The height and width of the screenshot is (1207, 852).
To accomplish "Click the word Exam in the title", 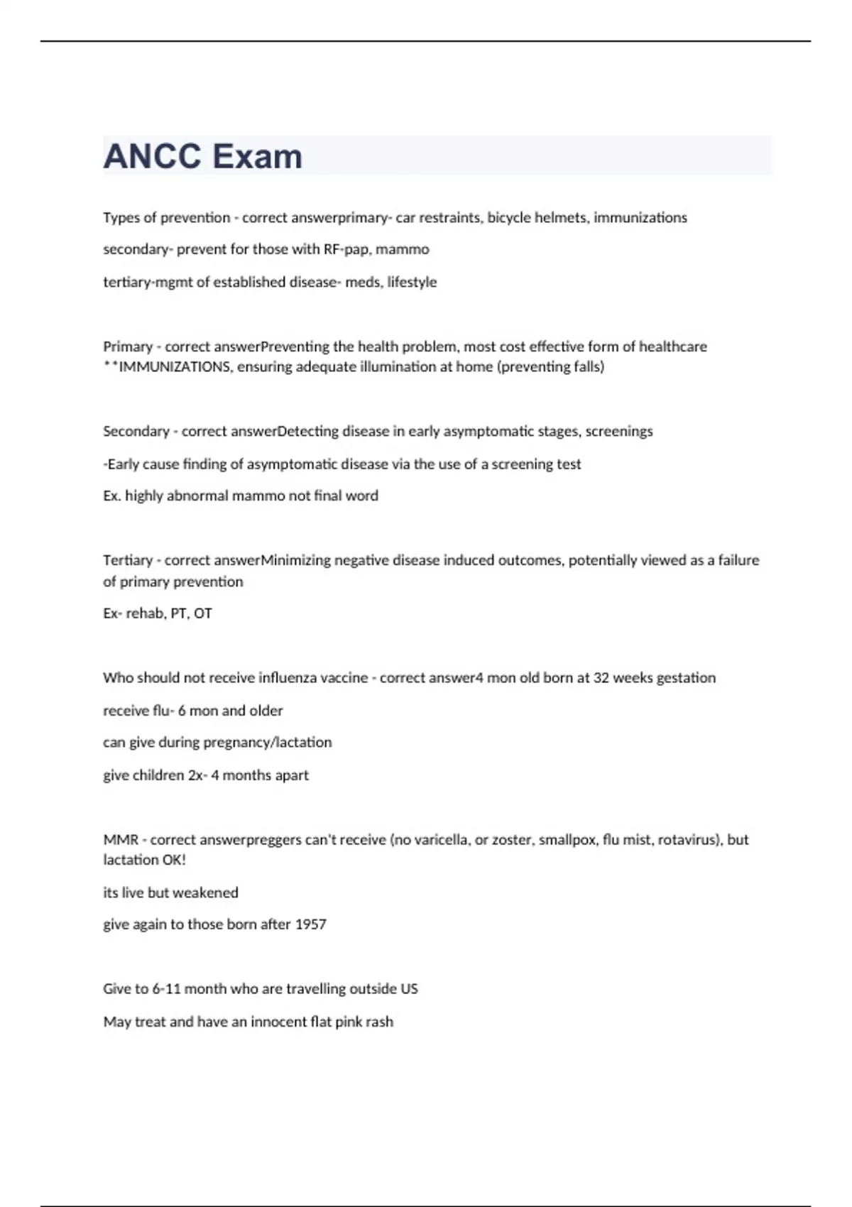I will click(x=257, y=156).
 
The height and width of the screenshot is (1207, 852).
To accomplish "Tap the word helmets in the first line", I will click(x=561, y=217).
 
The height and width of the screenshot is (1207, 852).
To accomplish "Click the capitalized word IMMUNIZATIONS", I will click(x=175, y=367).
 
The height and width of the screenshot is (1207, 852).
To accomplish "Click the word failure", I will click(x=738, y=560).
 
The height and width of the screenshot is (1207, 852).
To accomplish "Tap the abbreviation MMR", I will click(x=120, y=840).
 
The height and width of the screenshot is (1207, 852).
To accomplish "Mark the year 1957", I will click(x=310, y=924).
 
